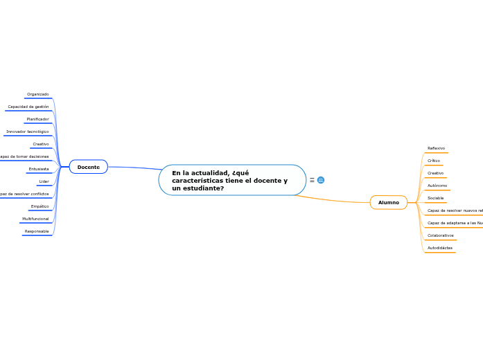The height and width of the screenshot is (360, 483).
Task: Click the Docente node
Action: click(88, 167)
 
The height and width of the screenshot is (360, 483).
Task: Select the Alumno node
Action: click(388, 202)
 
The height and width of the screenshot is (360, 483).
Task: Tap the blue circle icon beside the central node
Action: click(321, 180)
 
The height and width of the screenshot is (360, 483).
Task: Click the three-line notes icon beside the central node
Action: click(312, 180)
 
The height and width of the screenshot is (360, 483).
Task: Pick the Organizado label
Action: click(37, 94)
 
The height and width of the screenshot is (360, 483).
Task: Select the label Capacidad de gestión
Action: click(28, 107)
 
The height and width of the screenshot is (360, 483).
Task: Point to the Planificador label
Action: click(37, 119)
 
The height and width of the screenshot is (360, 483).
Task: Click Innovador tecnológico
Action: click(28, 132)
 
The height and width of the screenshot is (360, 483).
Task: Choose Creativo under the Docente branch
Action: click(41, 144)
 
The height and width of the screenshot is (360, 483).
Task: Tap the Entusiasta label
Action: click(39, 169)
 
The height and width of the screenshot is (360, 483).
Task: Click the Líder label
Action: click(44, 181)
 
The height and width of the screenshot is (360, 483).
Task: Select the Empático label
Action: click(40, 206)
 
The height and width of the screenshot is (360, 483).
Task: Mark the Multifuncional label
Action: click(35, 219)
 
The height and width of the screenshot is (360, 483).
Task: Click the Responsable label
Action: click(37, 231)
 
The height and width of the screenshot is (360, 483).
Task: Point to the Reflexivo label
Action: click(437, 148)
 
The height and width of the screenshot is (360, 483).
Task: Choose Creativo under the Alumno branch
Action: click(436, 173)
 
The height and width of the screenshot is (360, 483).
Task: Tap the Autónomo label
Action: click(437, 186)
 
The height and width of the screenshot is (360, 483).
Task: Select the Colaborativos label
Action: click(441, 235)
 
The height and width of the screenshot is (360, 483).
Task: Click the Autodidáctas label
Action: click(440, 248)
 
